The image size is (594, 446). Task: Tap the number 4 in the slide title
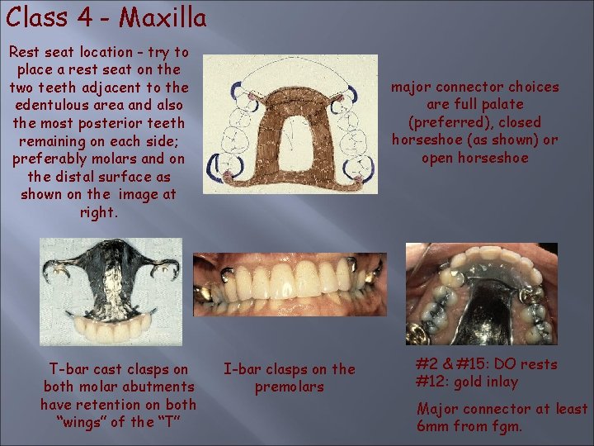[x=82, y=17]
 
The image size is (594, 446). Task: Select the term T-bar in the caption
[x=67, y=369]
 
